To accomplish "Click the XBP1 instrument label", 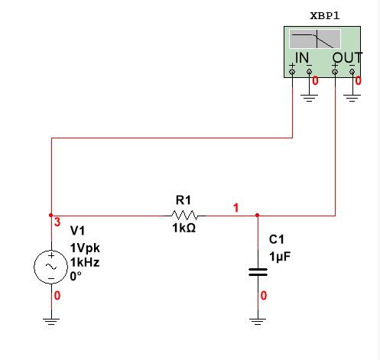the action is coord(325,16).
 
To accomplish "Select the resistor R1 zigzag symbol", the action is coord(184,216).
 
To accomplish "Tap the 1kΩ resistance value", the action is coord(184,228).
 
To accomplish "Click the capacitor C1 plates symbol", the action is coord(258,272).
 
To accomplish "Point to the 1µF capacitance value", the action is coord(280,257).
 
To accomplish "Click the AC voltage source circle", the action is coord(51,267).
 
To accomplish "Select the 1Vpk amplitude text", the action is coord(85,248).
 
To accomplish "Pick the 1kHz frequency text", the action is coord(85,262).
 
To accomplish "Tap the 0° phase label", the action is coord(76,276).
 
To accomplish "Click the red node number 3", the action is coord(57,222).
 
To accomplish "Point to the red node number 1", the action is coord(236,208).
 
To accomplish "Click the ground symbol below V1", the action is coord(51,322).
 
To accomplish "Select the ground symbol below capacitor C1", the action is coord(258,322).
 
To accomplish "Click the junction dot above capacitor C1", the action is coord(258,216).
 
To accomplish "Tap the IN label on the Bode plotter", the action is coord(302,57).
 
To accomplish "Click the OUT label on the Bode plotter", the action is coord(347,57).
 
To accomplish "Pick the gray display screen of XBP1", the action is coord(315,39).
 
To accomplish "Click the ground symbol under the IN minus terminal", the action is coord(309,98).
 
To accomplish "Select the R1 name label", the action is coord(184,200).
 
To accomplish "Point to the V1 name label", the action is coord(77,231).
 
